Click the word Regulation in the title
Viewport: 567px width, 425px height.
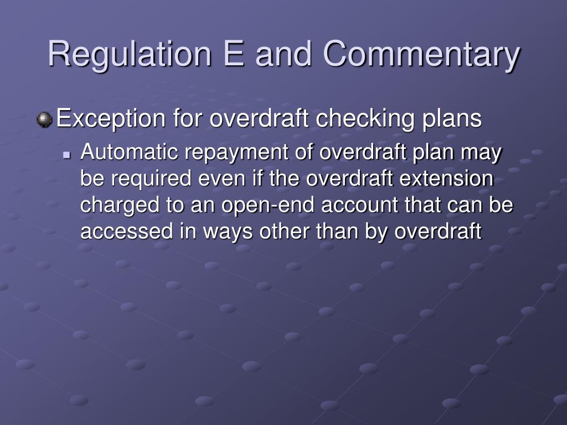pyautogui.click(x=130, y=54)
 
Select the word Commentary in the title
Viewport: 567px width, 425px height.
pyautogui.click(x=422, y=54)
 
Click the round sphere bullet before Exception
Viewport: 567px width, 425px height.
pyautogui.click(x=44, y=119)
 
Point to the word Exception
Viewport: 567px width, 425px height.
pyautogui.click(x=104, y=119)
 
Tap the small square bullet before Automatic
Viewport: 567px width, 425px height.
pyautogui.click(x=67, y=154)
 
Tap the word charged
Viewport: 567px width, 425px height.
pyautogui.click(x=117, y=205)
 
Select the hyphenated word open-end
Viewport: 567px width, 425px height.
pyautogui.click(x=269, y=205)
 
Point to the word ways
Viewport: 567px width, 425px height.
pyautogui.click(x=217, y=231)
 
